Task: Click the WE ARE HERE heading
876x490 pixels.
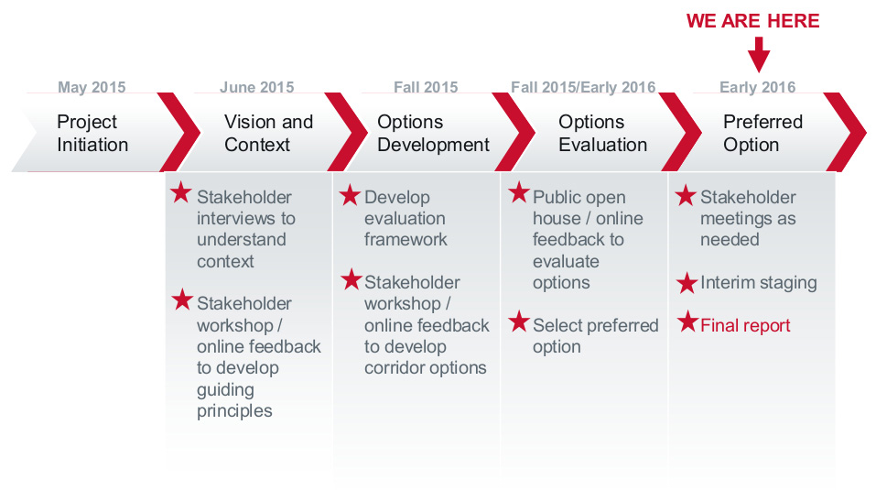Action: tap(752, 21)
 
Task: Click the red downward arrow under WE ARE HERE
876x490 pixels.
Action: tap(759, 55)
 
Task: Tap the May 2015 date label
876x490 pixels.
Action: tap(92, 87)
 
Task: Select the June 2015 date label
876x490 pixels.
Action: tap(257, 87)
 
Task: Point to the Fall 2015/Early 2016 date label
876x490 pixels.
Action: tap(583, 87)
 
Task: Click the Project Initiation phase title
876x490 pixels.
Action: tap(92, 133)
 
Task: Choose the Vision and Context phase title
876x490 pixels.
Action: tap(268, 133)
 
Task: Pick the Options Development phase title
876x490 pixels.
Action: tap(433, 133)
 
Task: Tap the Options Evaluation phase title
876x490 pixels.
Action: tap(602, 133)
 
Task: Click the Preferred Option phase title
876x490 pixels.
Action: tap(762, 133)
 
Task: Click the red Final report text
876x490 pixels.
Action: tap(745, 325)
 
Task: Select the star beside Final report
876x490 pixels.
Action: tap(687, 321)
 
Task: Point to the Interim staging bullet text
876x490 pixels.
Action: tap(758, 283)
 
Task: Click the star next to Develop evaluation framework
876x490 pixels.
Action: tap(350, 195)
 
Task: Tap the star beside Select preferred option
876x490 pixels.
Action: tap(518, 321)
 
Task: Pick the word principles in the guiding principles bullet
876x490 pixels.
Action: tap(234, 411)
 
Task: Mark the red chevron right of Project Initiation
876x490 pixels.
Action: tap(178, 132)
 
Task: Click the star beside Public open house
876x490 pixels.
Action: tap(518, 192)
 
